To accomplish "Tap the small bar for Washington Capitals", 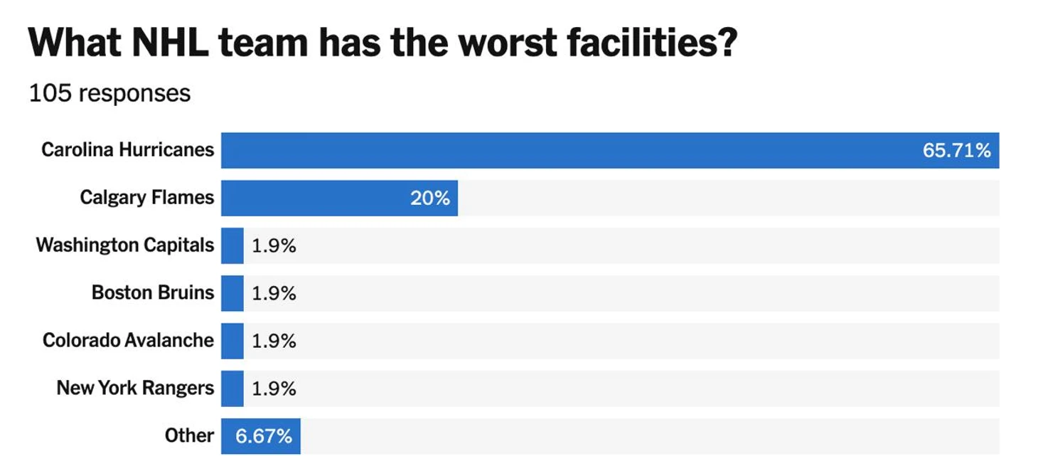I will (232, 245).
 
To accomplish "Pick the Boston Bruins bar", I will (232, 293).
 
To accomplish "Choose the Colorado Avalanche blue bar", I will (232, 341).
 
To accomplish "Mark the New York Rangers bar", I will (232, 388).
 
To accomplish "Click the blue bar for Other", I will (260, 436).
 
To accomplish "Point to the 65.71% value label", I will (956, 150).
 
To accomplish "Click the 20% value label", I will (429, 198).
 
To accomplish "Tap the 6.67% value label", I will (264, 436).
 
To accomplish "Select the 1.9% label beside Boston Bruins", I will (274, 293).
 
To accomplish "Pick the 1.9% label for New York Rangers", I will (274, 388).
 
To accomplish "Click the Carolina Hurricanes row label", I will (127, 149).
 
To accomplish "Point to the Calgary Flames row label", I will (146, 197).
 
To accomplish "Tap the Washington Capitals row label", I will (124, 245).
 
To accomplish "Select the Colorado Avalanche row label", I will (128, 340).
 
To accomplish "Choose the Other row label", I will (189, 435).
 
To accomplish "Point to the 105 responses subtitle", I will (109, 94).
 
